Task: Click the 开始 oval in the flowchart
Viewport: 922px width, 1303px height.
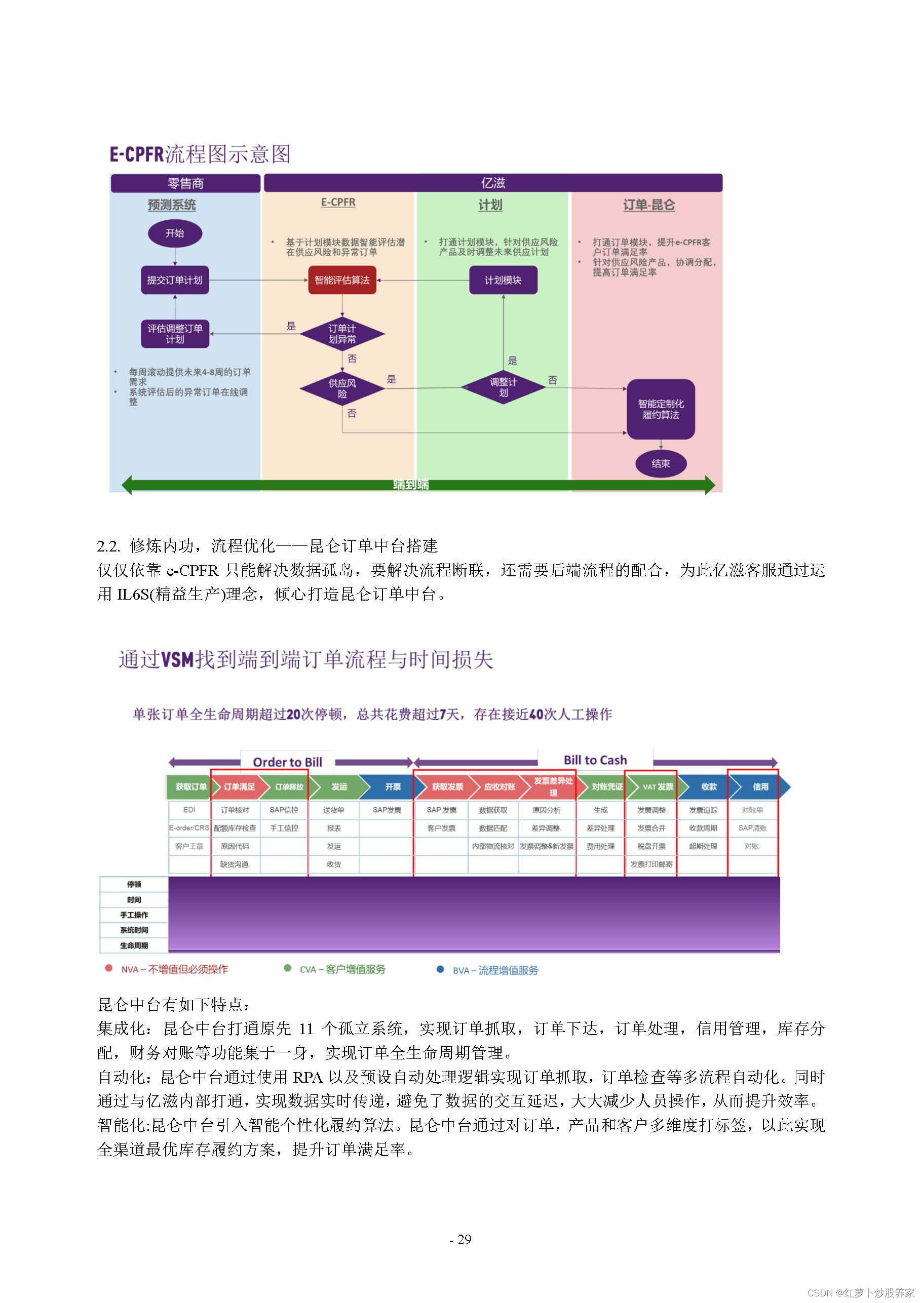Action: pyautogui.click(x=175, y=233)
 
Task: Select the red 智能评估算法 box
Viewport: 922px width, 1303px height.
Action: pyautogui.click(x=342, y=280)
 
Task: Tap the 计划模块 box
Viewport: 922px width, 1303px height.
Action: pyautogui.click(x=503, y=280)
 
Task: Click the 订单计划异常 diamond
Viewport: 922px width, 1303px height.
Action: pyautogui.click(x=342, y=334)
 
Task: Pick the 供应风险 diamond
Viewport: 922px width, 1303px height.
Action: pyautogui.click(x=342, y=388)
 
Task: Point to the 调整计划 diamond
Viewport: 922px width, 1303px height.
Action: pyautogui.click(x=503, y=387)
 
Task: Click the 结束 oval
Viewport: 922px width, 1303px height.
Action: pyautogui.click(x=661, y=464)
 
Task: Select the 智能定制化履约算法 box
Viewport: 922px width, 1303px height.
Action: pyautogui.click(x=661, y=409)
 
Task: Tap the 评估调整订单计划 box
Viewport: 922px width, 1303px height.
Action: pyautogui.click(x=175, y=334)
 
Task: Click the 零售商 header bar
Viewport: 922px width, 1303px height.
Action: pyautogui.click(x=185, y=183)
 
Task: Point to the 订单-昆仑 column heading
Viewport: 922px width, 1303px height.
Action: pyautogui.click(x=649, y=205)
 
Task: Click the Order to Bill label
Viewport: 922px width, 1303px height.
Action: pyautogui.click(x=287, y=762)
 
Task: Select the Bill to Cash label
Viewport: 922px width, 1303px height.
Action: pyautogui.click(x=595, y=760)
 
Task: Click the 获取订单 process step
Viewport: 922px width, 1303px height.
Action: pyautogui.click(x=190, y=786)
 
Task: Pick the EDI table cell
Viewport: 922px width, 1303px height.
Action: pyautogui.click(x=189, y=810)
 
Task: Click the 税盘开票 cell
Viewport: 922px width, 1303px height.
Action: pyautogui.click(x=650, y=846)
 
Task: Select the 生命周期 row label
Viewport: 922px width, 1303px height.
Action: pyautogui.click(x=134, y=945)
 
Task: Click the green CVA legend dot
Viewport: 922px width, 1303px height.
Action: pyautogui.click(x=287, y=968)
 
